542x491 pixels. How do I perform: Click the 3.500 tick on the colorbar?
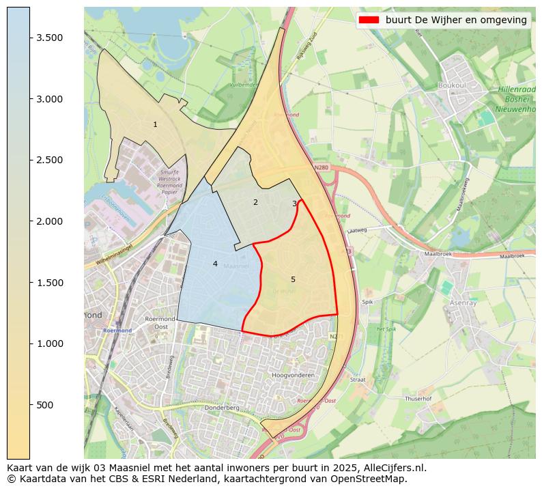coord(51,38)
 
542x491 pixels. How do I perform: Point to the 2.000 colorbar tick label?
coord(51,221)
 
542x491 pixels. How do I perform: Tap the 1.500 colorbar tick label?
coord(51,283)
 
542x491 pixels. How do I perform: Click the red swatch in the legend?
coord(368,20)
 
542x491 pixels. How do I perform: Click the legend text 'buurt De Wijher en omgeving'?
coord(456,20)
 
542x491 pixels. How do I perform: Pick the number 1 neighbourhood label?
coord(155,124)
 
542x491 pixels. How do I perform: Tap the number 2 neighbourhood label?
coord(255,202)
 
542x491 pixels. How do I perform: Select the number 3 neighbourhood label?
coord(294,204)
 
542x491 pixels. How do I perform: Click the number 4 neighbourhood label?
coord(215,264)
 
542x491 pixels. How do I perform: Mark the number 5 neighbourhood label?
coord(293,279)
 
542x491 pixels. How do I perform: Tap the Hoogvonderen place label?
coord(293,376)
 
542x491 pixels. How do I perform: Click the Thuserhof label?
coord(418,398)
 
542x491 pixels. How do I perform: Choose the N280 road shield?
coord(322,167)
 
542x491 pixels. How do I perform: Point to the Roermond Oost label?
coord(161,322)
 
